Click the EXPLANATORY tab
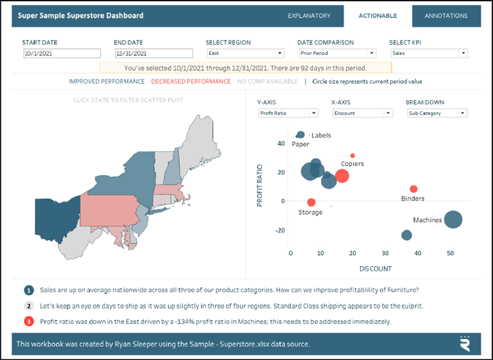[309, 16]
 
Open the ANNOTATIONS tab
[446, 16]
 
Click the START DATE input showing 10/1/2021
[62, 53]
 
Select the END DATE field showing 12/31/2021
[154, 53]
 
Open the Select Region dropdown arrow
[280, 53]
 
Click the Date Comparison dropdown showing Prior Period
[337, 53]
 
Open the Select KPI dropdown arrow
[463, 53]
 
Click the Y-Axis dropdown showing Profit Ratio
[288, 113]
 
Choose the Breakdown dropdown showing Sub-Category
[437, 113]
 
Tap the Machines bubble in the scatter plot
[453, 219]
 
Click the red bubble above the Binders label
[413, 189]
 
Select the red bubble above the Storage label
[311, 202]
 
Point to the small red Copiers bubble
[352, 156]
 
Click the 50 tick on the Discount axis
[450, 253]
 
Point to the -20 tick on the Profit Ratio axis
[280, 230]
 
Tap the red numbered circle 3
[29, 322]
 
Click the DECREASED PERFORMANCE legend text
[191, 82]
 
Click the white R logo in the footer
[465, 344]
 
